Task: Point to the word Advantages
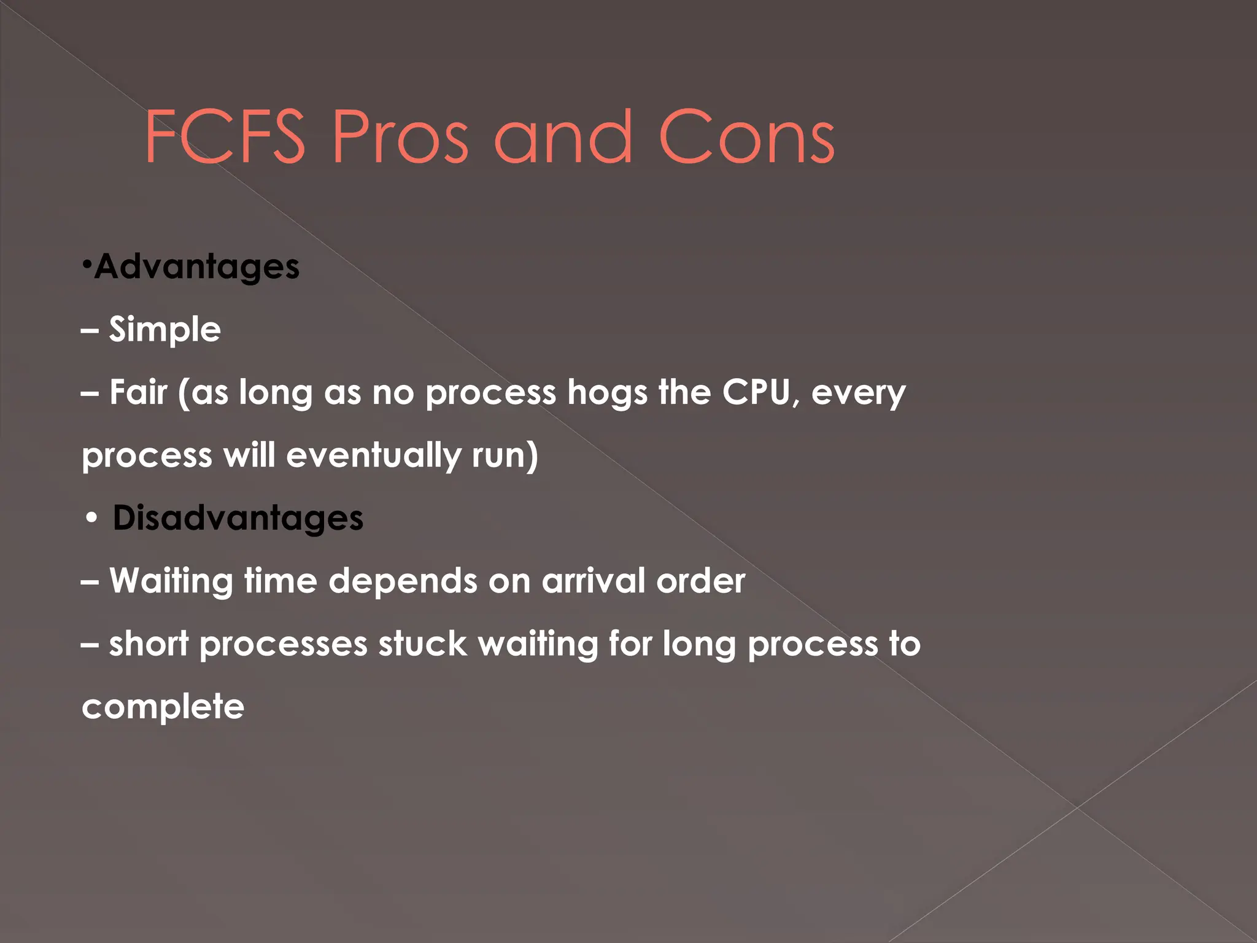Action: coord(196,266)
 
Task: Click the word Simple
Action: coord(164,329)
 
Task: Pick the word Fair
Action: coord(138,392)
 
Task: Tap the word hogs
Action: coord(607,393)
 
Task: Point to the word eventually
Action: coord(373,456)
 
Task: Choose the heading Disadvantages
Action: coord(238,518)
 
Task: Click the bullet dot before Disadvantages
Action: coord(91,518)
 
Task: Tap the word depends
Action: coord(403,581)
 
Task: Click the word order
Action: coord(700,580)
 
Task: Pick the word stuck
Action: coord(422,644)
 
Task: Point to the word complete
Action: coord(163,707)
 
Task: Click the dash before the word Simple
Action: coord(90,330)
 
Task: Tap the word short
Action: coord(149,644)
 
